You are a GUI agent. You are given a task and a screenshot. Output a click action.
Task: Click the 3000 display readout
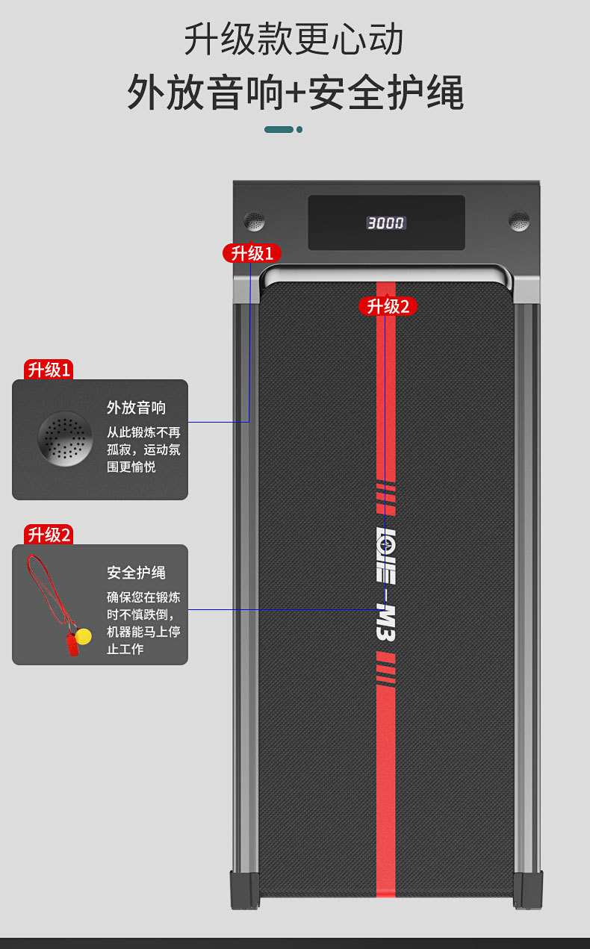coord(385,223)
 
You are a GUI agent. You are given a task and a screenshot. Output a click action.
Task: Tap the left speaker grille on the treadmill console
coord(255,221)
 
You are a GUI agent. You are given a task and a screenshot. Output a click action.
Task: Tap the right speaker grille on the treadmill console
coord(519,221)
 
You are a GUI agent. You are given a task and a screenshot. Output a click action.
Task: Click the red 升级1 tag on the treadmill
coord(252,253)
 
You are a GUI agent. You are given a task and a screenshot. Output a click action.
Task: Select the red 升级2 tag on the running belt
coord(388,306)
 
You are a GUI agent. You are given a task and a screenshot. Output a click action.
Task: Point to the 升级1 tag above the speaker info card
coord(49,370)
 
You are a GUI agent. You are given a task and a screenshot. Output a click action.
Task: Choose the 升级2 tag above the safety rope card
coord(49,535)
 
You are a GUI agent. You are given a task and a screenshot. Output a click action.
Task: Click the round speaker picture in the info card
coord(65,438)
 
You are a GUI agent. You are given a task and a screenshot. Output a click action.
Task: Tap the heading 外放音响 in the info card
coord(136,408)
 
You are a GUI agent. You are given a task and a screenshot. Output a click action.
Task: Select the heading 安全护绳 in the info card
coord(136,573)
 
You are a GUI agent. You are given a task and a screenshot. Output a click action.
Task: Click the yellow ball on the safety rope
coord(84,636)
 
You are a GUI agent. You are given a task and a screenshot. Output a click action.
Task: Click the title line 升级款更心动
coord(294,40)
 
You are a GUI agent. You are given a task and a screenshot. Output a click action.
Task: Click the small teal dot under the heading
coord(299,129)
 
